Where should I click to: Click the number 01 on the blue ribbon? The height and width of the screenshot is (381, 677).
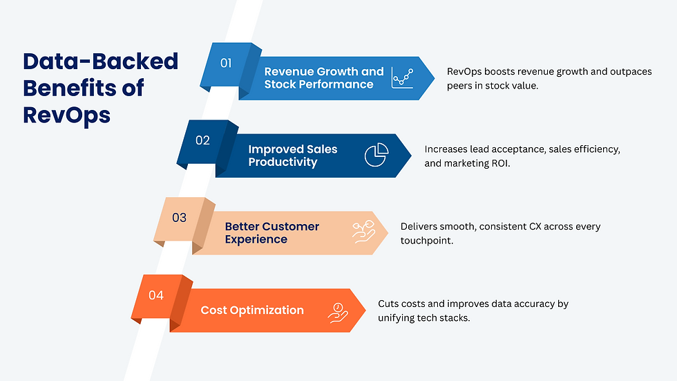point(226,63)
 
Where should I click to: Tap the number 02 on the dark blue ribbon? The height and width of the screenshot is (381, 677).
point(202,140)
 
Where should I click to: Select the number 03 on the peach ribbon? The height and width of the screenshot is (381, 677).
point(179,218)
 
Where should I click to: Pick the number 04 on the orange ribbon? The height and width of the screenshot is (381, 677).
point(156,295)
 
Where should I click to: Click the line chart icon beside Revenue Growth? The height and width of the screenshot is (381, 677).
point(401,77)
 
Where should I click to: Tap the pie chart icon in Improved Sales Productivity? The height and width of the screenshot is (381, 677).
point(376,155)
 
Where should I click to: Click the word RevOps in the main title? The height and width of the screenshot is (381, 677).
point(66,114)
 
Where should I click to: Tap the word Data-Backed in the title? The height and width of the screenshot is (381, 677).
point(101,62)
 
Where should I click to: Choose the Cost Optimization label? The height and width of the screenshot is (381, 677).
point(252,310)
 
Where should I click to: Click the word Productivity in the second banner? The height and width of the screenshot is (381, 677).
point(283,162)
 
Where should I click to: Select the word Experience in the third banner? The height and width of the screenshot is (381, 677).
point(256,239)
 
